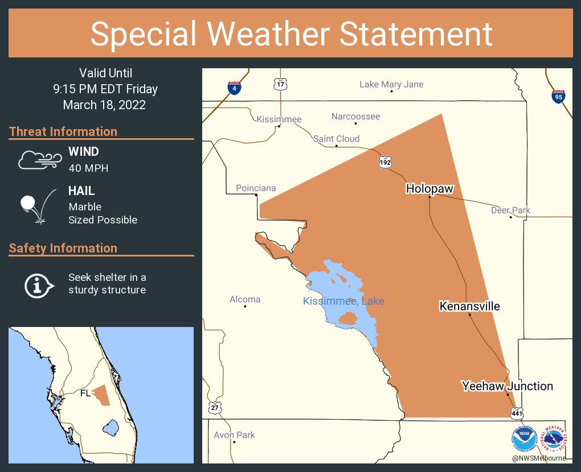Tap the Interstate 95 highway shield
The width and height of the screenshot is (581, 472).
[x=558, y=97]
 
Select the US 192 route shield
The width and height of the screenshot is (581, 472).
[x=385, y=162]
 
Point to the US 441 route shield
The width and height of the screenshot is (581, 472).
[x=516, y=412]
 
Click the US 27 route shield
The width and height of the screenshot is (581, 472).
[x=215, y=408]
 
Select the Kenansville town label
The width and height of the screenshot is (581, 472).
[x=469, y=307]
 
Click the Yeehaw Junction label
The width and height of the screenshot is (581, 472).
[x=507, y=386]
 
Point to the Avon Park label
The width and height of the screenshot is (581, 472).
[x=234, y=435]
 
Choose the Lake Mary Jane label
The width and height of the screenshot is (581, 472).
[x=391, y=84]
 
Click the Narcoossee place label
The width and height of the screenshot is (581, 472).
[x=355, y=117]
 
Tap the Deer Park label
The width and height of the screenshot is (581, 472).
[x=510, y=210]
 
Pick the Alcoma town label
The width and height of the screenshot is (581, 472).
[x=245, y=299]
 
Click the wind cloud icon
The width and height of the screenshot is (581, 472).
[x=38, y=160]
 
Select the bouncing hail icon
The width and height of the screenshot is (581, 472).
[x=38, y=206]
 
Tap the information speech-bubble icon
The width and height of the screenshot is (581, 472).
[x=38, y=284]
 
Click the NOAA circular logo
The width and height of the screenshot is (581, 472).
[x=524, y=439]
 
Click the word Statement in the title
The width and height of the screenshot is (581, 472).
[x=416, y=34]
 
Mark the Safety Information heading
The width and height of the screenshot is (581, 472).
[x=63, y=248]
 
